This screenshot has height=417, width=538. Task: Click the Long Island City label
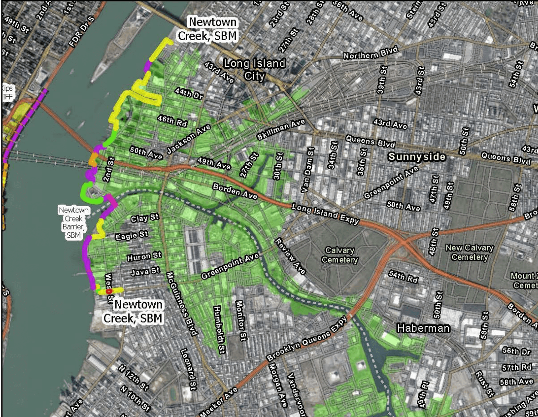click(254, 69)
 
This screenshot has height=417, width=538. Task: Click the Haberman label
click(423, 328)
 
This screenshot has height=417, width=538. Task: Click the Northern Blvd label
click(371, 53)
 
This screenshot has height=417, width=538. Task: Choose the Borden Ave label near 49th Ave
click(235, 191)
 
